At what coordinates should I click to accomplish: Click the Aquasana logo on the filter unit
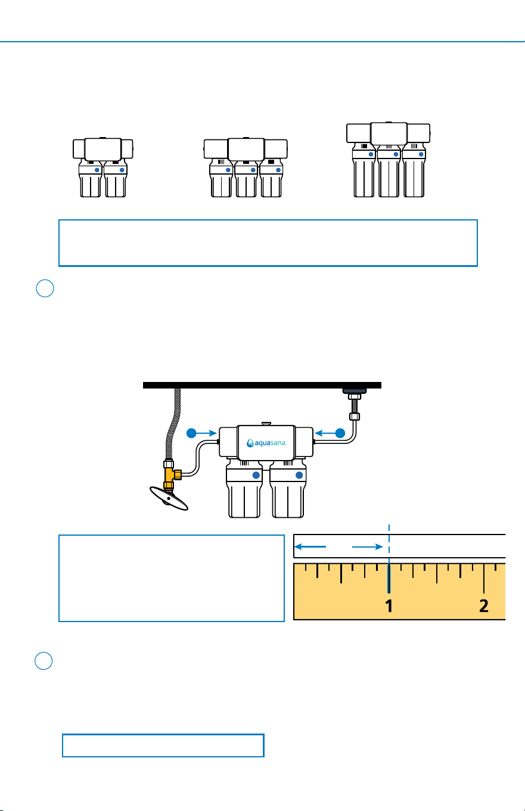tap(266, 443)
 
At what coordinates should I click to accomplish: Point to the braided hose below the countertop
tap(172, 424)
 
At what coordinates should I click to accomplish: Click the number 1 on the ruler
tap(389, 605)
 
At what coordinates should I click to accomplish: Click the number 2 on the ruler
tap(484, 605)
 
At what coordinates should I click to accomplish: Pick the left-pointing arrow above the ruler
tap(310, 546)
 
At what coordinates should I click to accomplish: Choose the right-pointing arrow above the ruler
tap(368, 546)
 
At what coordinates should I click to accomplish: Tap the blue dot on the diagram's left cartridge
tap(256, 475)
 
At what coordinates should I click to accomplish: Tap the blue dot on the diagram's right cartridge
tap(299, 475)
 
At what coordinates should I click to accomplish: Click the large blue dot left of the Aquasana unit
tap(191, 433)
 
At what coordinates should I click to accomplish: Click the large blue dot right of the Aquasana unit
tap(340, 433)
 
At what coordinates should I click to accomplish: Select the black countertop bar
tap(262, 385)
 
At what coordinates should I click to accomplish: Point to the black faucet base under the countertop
tap(355, 391)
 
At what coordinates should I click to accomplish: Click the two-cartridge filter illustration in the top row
tap(103, 167)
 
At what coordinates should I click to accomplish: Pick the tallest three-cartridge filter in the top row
tap(389, 160)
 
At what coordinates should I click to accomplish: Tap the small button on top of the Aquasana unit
tap(266, 424)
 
